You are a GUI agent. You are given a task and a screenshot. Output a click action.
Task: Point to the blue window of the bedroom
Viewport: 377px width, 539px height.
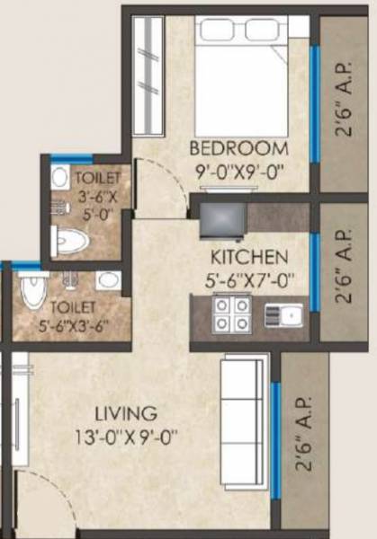click(314, 103)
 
